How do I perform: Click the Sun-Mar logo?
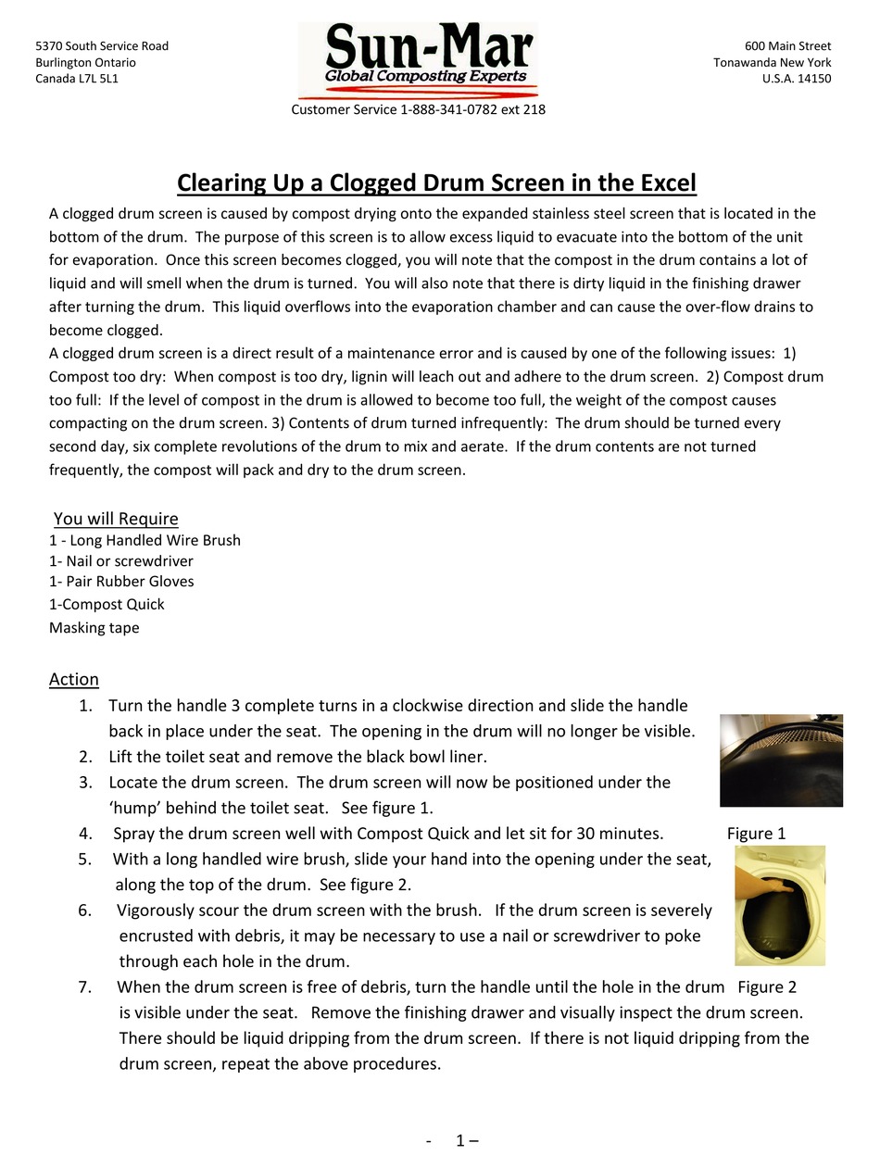(418, 60)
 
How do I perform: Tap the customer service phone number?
(472, 109)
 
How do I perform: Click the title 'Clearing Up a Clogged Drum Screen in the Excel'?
(436, 182)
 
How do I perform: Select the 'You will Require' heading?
(116, 519)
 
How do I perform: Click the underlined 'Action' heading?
(74, 679)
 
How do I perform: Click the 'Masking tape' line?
(94, 627)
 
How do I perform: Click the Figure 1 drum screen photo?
(781, 760)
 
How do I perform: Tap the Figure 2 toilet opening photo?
(780, 905)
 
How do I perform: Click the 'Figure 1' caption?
(756, 833)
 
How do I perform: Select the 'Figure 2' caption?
(767, 986)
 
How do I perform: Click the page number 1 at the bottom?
(460, 1140)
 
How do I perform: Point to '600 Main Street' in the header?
(787, 46)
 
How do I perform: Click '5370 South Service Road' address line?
(102, 46)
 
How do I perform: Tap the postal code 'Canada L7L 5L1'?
(77, 79)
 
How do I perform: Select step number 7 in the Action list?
(85, 986)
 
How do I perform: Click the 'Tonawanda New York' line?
(772, 63)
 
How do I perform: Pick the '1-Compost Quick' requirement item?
(107, 604)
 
